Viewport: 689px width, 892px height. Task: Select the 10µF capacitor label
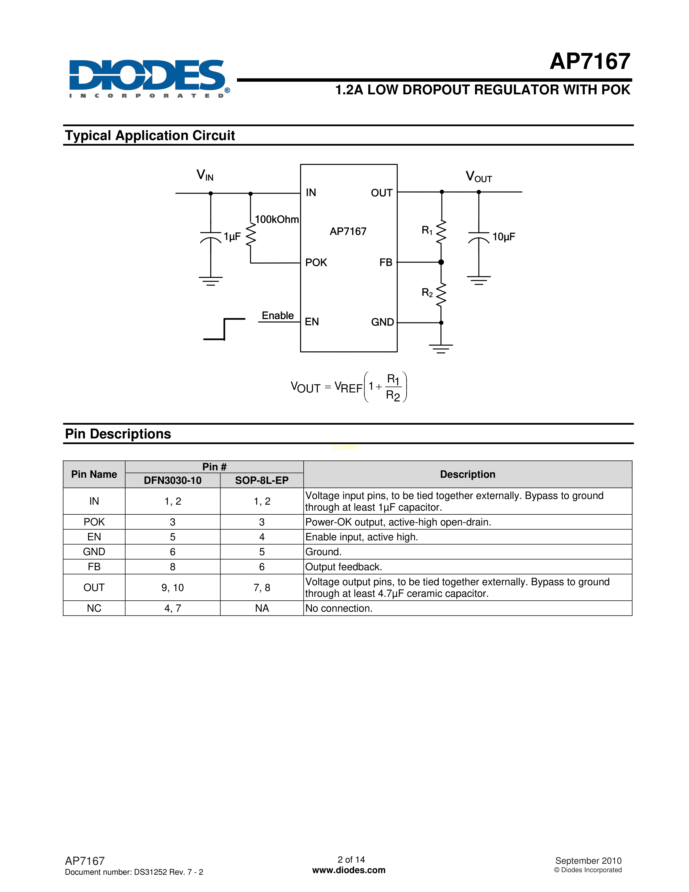[504, 237]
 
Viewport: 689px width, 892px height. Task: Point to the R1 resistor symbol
[441, 232]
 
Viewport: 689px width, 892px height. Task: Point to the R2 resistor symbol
[441, 294]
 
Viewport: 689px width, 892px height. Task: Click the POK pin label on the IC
[316, 263]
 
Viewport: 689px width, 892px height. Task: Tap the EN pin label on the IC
[312, 322]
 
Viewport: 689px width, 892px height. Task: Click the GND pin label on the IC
[382, 322]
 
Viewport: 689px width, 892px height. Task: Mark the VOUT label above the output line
[479, 177]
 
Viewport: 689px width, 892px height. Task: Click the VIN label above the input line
[205, 175]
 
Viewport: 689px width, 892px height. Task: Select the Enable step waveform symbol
[224, 329]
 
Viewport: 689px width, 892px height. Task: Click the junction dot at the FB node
[441, 262]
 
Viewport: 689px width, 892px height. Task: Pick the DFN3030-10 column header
[173, 480]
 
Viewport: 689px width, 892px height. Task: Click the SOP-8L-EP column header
[262, 480]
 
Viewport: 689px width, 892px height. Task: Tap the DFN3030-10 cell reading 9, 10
[173, 587]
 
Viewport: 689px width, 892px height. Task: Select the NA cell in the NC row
[262, 608]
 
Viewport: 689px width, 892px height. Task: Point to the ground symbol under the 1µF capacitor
[211, 281]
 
